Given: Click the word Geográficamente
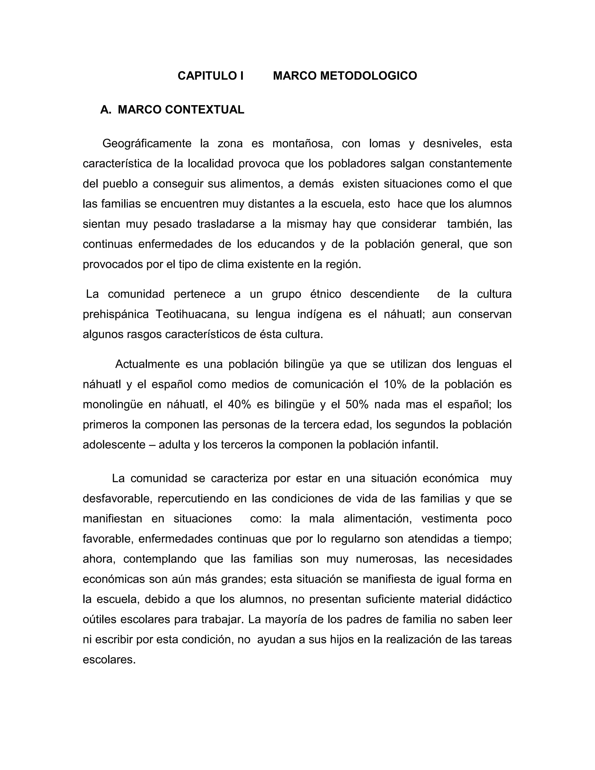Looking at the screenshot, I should click(147, 144).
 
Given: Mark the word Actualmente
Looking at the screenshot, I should click(147, 364).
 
